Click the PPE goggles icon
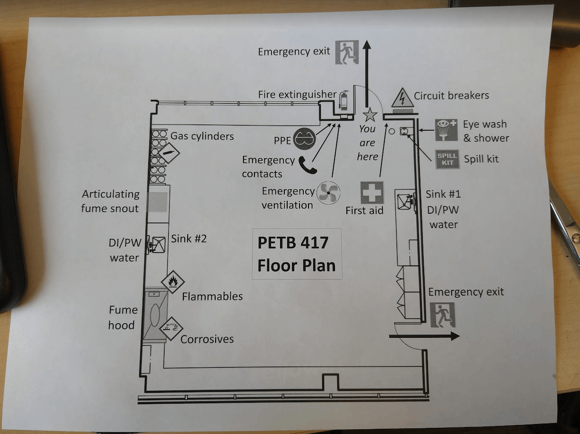tap(304, 139)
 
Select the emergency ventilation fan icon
tap(328, 193)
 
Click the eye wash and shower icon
tap(446, 130)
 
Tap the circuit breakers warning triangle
tap(402, 98)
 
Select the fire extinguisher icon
tap(344, 100)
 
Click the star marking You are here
tap(369, 114)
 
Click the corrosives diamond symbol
tap(171, 328)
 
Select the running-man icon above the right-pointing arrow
tap(443, 315)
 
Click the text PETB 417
tap(293, 243)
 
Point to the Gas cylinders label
tap(202, 136)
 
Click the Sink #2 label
tap(189, 238)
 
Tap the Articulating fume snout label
tap(110, 201)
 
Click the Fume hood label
tap(123, 317)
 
